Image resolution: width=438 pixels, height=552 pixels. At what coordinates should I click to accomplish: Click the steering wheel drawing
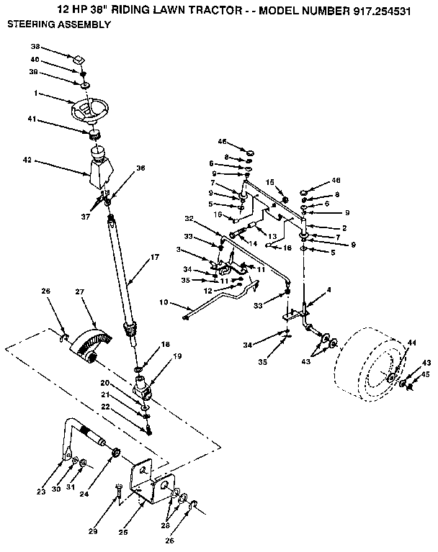89,111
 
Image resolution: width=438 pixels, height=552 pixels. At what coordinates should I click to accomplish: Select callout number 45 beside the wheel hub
426,374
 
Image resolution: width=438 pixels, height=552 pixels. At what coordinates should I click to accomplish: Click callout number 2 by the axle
344,228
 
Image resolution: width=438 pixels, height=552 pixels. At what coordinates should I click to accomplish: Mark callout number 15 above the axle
271,182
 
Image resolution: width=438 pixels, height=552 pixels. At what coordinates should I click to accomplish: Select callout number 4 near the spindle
328,289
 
